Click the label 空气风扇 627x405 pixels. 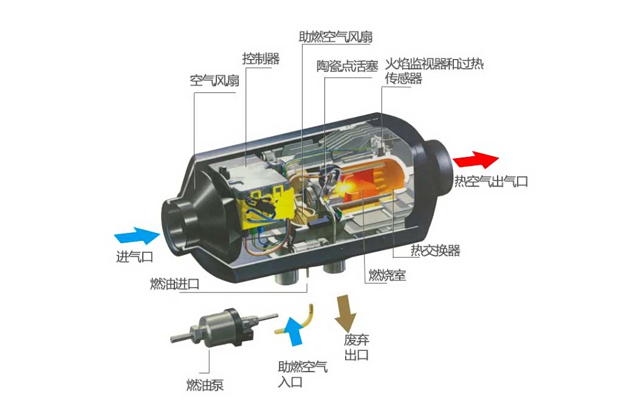214,81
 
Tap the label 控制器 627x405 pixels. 261,59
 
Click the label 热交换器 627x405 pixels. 435,251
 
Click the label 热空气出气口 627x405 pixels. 491,181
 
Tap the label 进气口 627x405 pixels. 135,257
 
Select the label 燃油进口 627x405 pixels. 174,284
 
